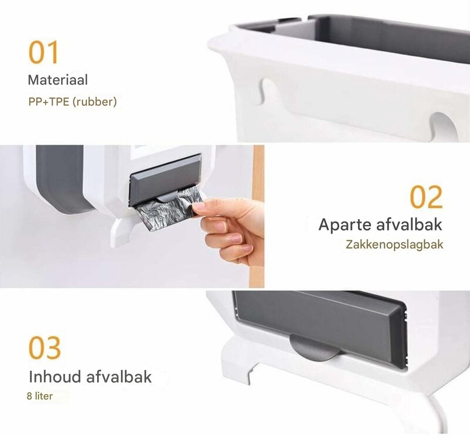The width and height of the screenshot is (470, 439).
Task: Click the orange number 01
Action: point(43,52)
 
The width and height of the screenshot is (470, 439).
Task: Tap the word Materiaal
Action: point(58,80)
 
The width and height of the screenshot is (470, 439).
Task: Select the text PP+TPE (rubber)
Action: point(72,102)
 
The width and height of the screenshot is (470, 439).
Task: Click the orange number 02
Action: point(426,197)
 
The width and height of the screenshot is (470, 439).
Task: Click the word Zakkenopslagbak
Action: point(394,245)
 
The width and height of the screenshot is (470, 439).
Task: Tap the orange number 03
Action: point(45,348)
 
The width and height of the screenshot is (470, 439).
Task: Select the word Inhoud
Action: point(55,377)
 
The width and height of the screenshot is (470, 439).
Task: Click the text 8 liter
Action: point(40,396)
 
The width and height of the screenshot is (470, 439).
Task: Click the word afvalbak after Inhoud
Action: point(119,377)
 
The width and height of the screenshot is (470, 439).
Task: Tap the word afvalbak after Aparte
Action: point(409,225)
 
